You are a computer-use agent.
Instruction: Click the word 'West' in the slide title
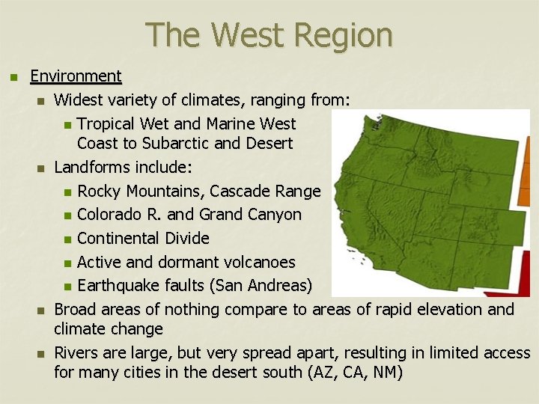click(x=249, y=35)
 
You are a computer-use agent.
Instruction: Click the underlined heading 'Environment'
click(x=76, y=76)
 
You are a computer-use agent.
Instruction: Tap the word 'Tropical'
click(x=110, y=123)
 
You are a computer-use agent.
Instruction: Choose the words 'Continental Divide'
click(x=143, y=239)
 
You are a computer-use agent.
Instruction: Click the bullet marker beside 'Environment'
click(x=11, y=76)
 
